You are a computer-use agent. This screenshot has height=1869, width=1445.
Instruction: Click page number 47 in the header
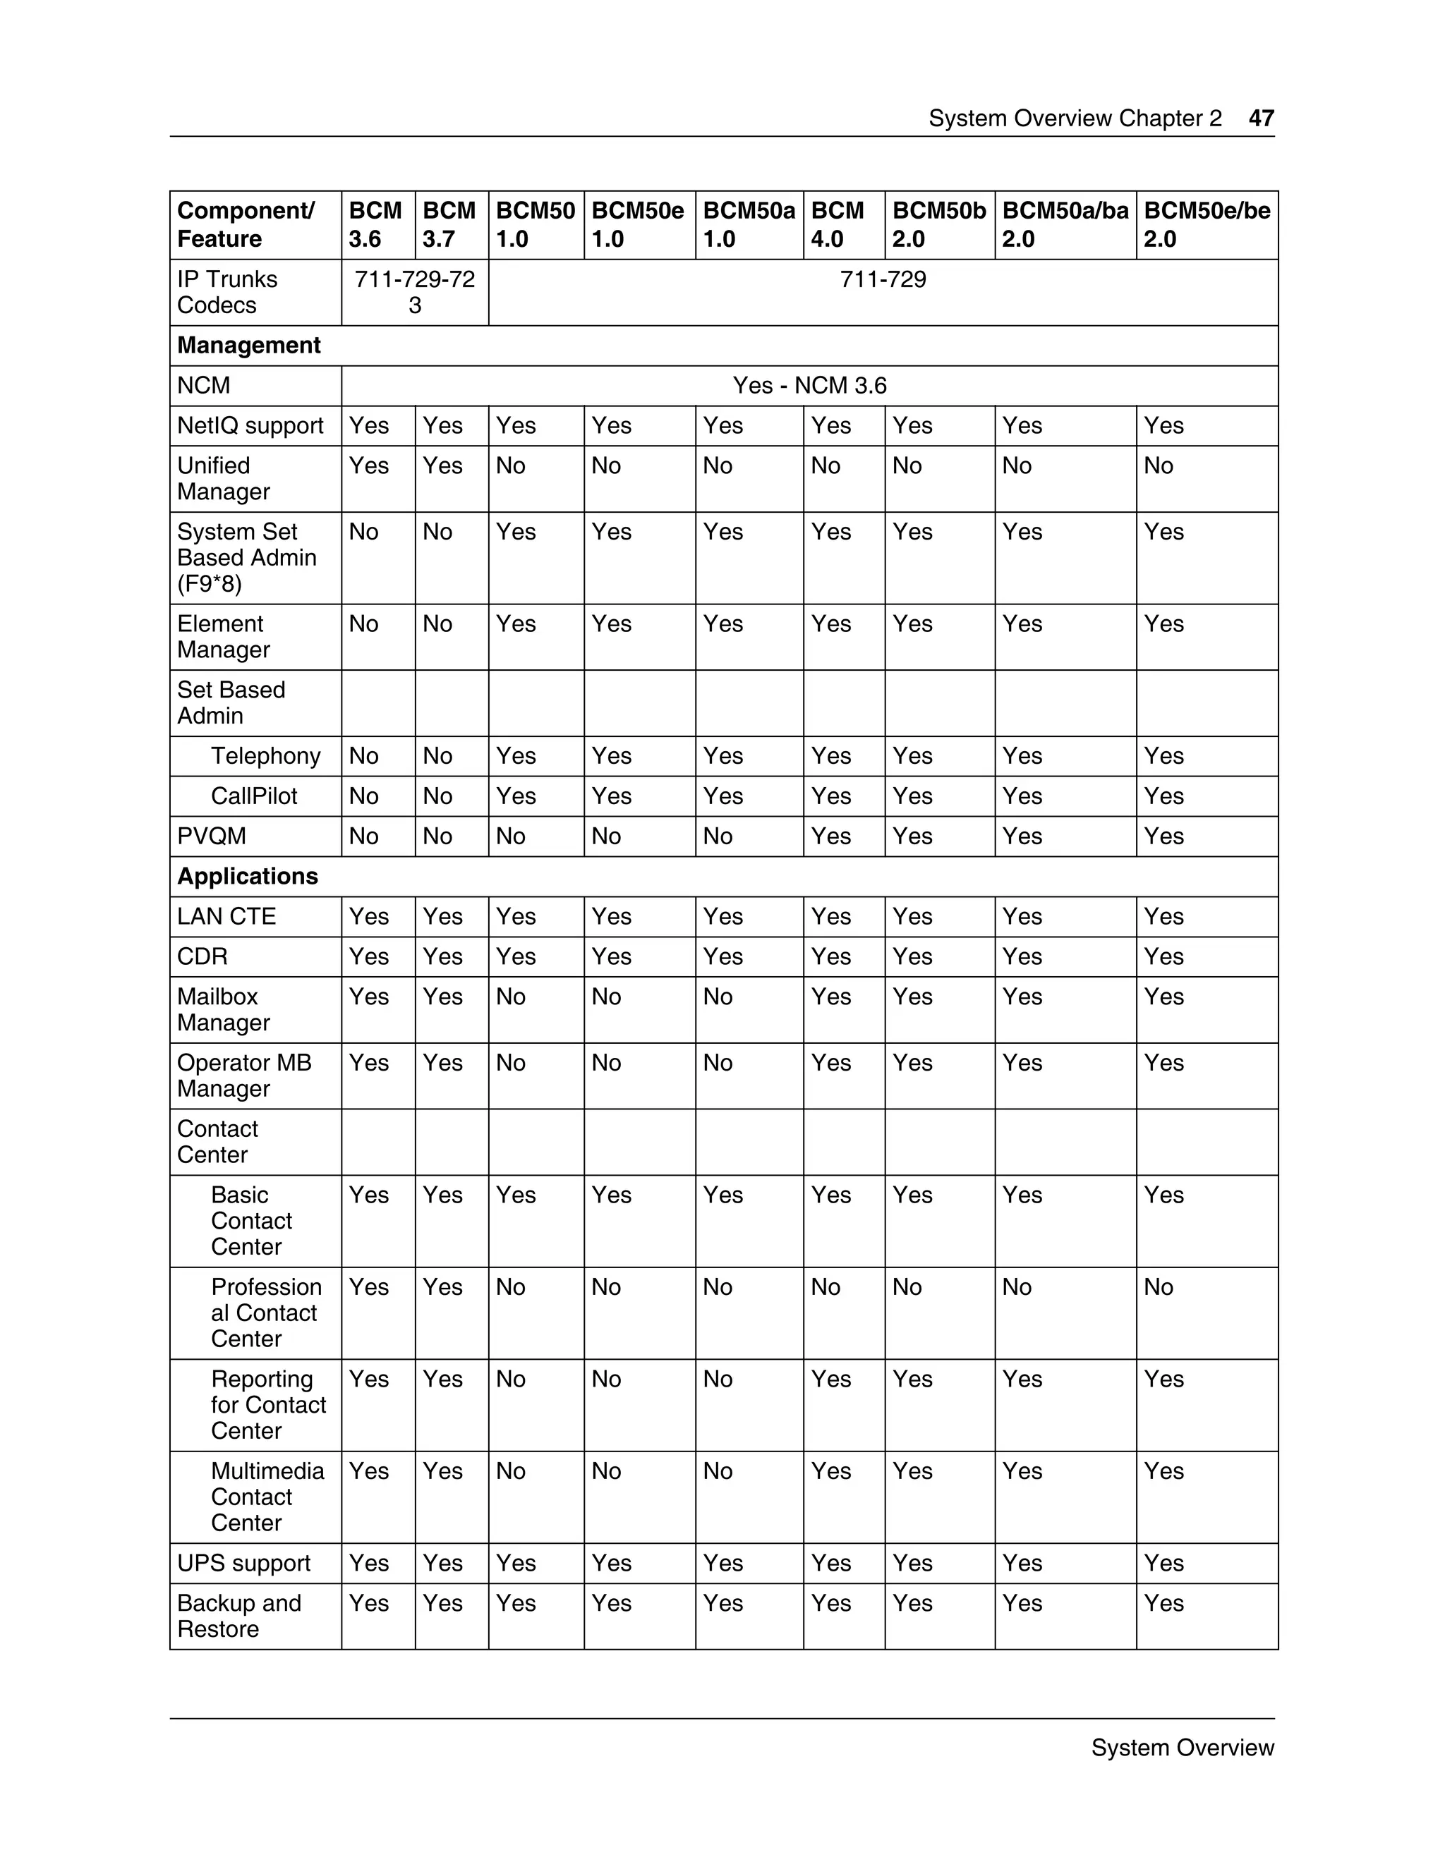click(1261, 118)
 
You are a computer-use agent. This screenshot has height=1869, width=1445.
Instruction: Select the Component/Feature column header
click(246, 224)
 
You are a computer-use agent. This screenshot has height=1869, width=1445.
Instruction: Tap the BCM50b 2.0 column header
click(938, 224)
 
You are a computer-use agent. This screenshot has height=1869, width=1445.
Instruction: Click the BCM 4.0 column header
click(838, 224)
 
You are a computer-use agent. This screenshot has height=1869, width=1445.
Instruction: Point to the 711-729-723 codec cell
click(414, 292)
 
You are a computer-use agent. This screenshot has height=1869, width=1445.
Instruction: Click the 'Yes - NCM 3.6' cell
click(809, 385)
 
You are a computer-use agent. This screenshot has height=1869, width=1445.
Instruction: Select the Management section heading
click(248, 345)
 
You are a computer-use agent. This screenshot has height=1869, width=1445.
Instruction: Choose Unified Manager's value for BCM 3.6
click(369, 465)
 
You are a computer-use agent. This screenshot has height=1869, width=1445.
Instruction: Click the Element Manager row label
click(224, 637)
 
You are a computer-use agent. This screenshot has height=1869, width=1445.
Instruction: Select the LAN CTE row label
click(226, 917)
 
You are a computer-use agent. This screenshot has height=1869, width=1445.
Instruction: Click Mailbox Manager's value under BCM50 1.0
click(511, 997)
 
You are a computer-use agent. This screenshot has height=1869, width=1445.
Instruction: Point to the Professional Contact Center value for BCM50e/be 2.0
click(1159, 1287)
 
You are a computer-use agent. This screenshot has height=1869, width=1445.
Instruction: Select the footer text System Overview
click(1183, 1748)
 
